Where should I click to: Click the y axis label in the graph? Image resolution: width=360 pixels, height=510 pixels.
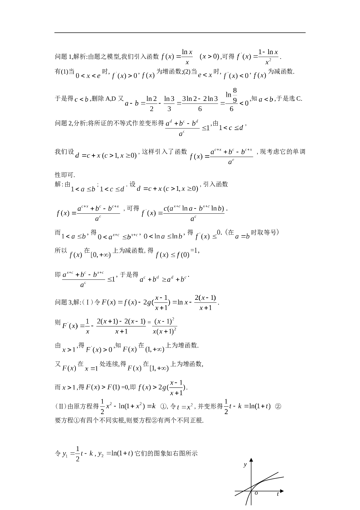pos(245,464)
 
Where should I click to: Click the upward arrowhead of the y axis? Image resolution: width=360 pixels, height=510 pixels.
pos(251,460)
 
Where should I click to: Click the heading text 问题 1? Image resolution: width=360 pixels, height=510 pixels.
pos(63,56)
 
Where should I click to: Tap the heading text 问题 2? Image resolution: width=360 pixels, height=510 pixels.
pos(63,123)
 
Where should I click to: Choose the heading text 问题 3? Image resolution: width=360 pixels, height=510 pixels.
pos(63,302)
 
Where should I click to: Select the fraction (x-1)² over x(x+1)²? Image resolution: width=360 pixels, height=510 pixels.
pos(165,326)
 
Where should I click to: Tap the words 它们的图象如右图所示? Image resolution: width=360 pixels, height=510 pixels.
pos(166,453)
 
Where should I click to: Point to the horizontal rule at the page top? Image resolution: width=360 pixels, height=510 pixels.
pos(180,33)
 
